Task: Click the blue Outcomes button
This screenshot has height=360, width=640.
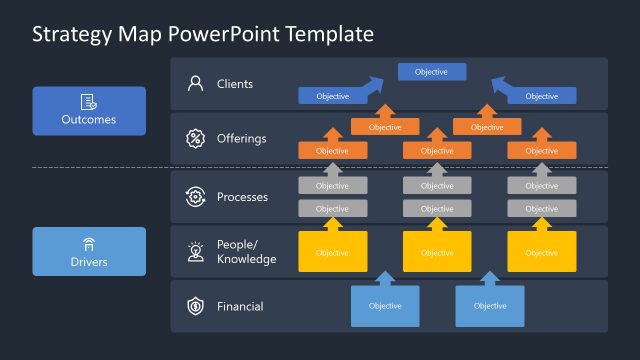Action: coord(89,110)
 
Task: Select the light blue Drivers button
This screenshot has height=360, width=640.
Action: coord(89,251)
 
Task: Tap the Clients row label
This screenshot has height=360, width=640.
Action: coord(235,84)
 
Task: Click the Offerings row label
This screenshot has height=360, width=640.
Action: coord(241,139)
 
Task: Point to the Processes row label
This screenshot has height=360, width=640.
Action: coord(242,197)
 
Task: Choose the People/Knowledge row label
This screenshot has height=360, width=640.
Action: coord(246,252)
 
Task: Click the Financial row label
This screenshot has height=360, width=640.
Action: coord(240,306)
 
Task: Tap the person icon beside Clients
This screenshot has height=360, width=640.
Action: coord(195,84)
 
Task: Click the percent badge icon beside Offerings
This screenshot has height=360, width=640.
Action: coord(195,139)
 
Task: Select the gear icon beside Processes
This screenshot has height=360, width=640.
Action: coord(195,197)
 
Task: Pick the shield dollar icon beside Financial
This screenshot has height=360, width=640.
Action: coord(195,306)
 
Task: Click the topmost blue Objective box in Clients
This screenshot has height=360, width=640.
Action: coord(431,72)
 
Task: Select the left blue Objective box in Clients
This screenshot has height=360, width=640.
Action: coord(332,96)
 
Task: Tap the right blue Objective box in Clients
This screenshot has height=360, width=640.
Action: coord(541,96)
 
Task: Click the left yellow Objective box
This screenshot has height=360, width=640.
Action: coord(332,253)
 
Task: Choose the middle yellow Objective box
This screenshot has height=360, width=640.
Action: coord(437,253)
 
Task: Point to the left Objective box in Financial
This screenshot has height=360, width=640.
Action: coord(385,306)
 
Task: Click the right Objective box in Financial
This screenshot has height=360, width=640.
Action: coord(490,306)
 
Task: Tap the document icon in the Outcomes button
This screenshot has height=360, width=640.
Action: coord(88,101)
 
